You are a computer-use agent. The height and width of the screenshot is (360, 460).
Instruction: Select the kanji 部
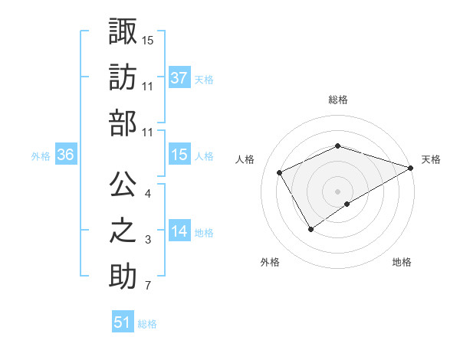point(123,123)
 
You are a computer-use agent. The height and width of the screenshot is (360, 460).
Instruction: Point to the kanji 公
point(123,185)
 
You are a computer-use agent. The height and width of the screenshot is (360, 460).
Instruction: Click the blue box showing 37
point(179,77)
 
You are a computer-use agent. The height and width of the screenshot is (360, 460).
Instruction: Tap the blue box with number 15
point(179,155)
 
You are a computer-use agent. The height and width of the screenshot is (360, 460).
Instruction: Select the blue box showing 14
point(179,231)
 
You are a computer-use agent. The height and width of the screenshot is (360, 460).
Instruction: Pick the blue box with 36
point(66,155)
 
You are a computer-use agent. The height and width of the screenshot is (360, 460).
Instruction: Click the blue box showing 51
point(123,322)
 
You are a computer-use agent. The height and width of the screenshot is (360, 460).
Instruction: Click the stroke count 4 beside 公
point(148,194)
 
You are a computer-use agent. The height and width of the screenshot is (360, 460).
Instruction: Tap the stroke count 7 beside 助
point(148,286)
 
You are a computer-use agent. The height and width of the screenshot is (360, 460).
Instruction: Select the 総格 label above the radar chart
point(338,100)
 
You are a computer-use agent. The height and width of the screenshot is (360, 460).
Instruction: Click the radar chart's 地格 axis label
point(402,262)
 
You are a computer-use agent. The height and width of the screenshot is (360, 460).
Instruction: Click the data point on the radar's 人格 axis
point(280,172)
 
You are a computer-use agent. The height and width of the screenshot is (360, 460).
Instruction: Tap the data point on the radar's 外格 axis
point(310,229)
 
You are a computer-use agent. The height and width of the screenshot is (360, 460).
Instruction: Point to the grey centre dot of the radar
point(338,191)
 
